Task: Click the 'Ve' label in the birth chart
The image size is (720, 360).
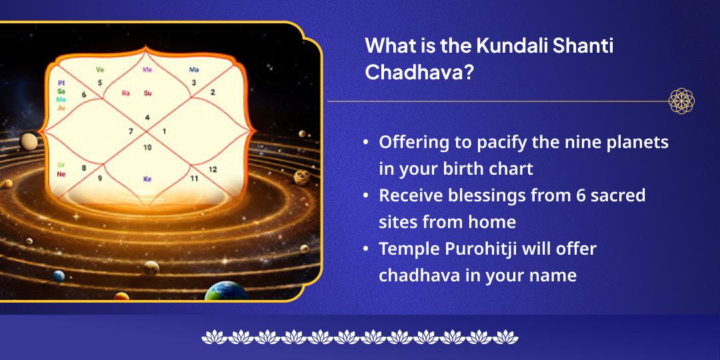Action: point(100,69)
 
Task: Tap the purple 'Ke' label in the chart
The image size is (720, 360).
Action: point(147,179)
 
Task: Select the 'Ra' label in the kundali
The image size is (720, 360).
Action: point(125,93)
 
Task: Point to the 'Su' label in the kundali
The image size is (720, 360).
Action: point(147,93)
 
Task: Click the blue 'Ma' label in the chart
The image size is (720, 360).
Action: point(194,69)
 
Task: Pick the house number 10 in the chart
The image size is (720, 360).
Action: point(147,147)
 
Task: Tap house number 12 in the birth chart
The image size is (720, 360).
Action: point(213,169)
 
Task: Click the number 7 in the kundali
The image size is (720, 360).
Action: point(131,131)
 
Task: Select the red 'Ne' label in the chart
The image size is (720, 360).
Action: point(61,174)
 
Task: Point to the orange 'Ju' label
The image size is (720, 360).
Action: point(61,107)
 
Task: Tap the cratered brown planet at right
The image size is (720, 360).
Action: point(301,177)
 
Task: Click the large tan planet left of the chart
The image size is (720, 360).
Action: point(29,141)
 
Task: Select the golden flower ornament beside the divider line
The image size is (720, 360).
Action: point(681,101)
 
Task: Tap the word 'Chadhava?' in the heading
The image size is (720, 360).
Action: point(419,72)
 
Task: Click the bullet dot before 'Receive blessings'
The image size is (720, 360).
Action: point(366,196)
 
